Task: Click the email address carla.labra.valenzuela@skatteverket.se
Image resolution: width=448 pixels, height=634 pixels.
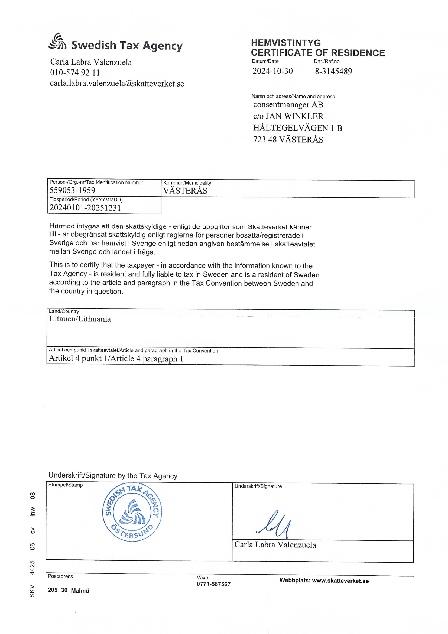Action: tap(117, 84)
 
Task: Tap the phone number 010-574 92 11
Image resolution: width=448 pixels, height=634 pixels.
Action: tap(75, 73)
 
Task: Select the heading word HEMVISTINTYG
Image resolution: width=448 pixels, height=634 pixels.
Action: tap(286, 43)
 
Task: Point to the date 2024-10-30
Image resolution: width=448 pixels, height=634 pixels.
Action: tap(272, 71)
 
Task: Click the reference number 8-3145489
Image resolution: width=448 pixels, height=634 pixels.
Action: tap(333, 71)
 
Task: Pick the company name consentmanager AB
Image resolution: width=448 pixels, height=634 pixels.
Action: tap(288, 105)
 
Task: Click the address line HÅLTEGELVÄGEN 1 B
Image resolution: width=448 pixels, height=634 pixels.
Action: tap(298, 128)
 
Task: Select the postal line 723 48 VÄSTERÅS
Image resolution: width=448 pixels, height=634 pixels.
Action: tap(288, 139)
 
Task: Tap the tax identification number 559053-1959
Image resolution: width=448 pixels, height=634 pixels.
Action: tap(72, 190)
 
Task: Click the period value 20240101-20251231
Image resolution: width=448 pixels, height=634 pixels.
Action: tap(85, 208)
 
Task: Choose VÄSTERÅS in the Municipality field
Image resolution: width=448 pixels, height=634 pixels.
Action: tap(185, 191)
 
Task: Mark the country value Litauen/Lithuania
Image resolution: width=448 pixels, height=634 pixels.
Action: tap(80, 319)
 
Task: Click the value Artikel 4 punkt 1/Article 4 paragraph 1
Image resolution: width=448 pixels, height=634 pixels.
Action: tap(116, 358)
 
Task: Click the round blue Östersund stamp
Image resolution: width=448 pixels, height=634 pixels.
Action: tap(132, 513)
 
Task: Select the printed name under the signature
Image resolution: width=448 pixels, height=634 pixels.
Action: tap(275, 545)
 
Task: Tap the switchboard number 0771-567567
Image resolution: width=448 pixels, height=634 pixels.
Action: tap(213, 584)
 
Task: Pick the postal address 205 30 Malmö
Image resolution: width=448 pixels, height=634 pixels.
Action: tap(69, 590)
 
